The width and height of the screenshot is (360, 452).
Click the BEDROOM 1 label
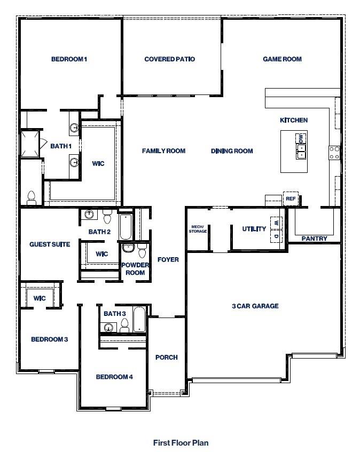(x=69, y=59)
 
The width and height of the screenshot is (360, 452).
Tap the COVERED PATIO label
(x=170, y=59)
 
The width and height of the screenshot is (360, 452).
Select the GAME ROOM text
(x=282, y=59)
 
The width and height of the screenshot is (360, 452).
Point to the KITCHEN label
(x=294, y=120)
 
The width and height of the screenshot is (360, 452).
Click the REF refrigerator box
(x=291, y=199)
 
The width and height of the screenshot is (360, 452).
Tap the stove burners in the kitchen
(x=334, y=153)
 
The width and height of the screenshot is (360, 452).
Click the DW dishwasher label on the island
(x=301, y=139)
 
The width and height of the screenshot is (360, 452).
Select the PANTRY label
(x=314, y=239)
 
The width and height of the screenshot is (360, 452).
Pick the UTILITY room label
(x=254, y=229)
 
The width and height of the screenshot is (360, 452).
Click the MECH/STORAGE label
(x=198, y=229)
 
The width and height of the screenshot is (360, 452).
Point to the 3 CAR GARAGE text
(x=255, y=306)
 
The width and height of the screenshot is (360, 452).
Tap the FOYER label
(x=168, y=260)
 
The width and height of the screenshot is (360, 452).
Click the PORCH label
(x=166, y=358)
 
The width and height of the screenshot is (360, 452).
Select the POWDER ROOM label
(x=135, y=269)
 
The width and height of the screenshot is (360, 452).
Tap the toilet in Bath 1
(x=31, y=198)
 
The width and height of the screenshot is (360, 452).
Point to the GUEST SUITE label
(x=50, y=244)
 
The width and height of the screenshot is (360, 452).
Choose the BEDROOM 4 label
(x=114, y=377)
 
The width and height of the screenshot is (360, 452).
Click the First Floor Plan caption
(x=181, y=442)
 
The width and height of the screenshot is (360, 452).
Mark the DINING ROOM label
(x=232, y=151)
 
